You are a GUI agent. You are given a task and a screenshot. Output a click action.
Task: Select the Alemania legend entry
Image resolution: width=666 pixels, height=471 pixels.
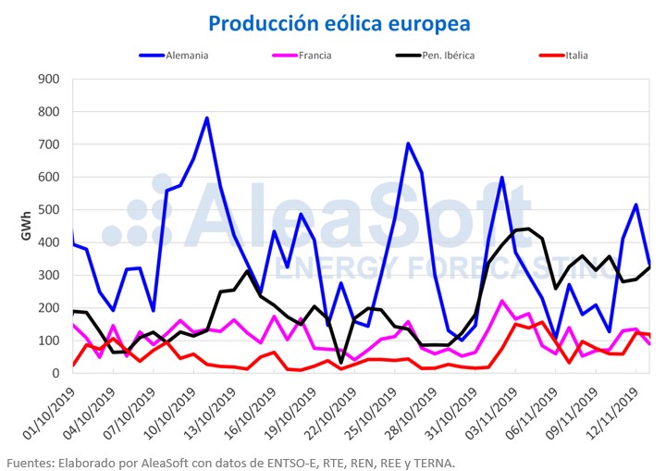187,56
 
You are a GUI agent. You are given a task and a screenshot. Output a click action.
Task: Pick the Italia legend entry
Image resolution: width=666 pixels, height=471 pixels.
575,56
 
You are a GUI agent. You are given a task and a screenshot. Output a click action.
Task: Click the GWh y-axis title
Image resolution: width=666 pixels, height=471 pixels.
28,225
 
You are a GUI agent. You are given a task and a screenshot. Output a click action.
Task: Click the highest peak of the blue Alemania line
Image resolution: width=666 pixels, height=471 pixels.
207,118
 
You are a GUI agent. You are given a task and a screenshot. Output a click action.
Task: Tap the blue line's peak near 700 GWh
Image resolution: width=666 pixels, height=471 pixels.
408,143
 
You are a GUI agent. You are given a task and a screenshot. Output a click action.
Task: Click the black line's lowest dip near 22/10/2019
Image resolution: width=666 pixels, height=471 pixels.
341,362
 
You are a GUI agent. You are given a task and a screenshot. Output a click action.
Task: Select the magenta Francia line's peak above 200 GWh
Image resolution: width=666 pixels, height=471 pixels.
502,301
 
